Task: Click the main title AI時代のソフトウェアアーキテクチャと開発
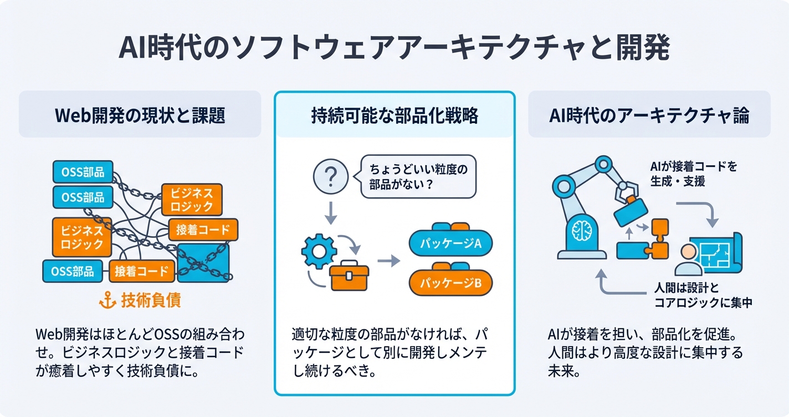(x=394, y=49)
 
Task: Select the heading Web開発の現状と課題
(x=140, y=115)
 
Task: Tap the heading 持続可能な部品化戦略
(x=394, y=115)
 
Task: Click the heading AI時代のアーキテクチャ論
(x=649, y=115)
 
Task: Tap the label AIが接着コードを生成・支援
(x=694, y=173)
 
